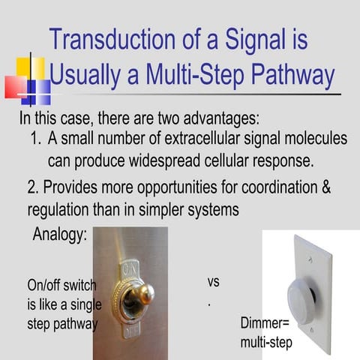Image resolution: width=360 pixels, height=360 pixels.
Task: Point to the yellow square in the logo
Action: (x=31, y=70)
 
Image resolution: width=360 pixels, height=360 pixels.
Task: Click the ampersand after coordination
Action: (x=325, y=187)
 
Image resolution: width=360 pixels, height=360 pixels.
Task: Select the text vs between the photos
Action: (x=213, y=283)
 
